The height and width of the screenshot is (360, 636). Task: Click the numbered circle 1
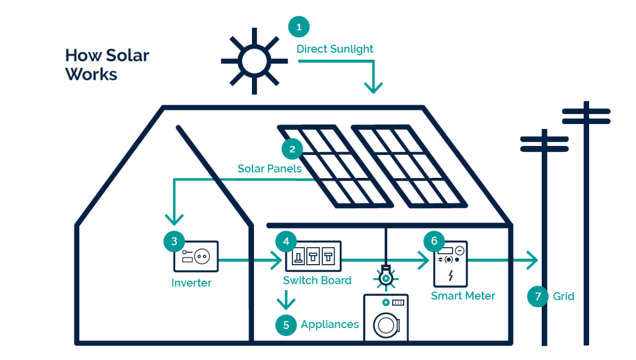point(299,27)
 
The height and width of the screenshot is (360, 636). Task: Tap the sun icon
point(254,61)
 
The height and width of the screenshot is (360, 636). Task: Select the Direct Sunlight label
point(335,49)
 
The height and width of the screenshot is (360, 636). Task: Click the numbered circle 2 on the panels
point(292,149)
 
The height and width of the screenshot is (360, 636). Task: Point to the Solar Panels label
point(270,169)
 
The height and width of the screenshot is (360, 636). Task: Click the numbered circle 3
point(174,241)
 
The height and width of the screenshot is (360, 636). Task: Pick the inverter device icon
point(197,257)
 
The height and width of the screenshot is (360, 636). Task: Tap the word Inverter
point(191,283)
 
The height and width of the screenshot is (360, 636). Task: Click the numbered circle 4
point(286,241)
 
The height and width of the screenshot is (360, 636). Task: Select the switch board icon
point(313,256)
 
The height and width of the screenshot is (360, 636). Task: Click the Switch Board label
point(317,281)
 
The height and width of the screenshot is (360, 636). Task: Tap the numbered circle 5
point(286,325)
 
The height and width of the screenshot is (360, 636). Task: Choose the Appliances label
point(330,324)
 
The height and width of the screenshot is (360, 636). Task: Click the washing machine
point(386,318)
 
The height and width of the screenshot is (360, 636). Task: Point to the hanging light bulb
point(386,277)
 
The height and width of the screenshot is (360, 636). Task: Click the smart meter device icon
point(450,264)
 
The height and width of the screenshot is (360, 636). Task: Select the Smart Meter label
point(463,296)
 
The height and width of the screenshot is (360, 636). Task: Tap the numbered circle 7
point(538,296)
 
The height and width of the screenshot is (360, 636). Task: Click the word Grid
point(564,296)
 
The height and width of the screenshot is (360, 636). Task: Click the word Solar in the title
point(127,55)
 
